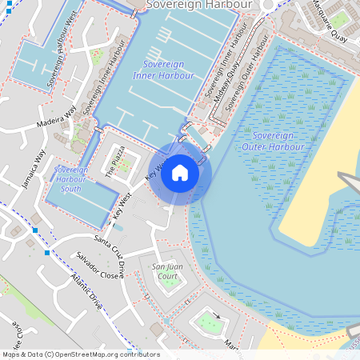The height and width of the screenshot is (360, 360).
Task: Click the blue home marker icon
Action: pos(180,173)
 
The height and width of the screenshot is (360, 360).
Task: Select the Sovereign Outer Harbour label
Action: pos(273,142)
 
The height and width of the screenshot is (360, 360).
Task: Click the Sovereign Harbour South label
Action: pos(70,179)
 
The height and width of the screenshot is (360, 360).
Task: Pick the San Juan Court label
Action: pos(166,271)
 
